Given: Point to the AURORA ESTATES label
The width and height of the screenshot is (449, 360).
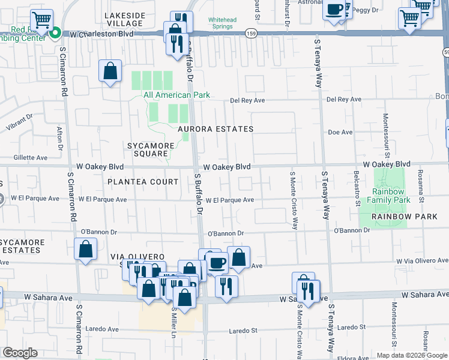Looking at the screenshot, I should [215, 129].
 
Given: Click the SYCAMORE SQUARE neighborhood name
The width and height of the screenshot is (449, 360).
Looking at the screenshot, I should [151, 149].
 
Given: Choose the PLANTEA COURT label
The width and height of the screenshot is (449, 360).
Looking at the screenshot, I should [143, 182].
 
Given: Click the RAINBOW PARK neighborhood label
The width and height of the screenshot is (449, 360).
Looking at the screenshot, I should [401, 216].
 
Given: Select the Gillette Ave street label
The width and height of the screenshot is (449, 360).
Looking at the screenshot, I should [30, 158].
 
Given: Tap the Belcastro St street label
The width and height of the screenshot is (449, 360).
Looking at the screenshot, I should [357, 188].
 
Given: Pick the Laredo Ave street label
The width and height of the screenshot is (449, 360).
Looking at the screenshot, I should [105, 329].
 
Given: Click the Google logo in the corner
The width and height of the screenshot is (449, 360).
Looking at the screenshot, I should [20, 353].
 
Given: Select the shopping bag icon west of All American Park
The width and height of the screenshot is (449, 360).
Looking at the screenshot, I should [110, 71].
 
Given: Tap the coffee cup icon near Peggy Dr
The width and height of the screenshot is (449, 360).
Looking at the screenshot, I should [334, 11].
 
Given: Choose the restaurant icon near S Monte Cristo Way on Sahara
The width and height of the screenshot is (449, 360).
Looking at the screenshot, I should [307, 292].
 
